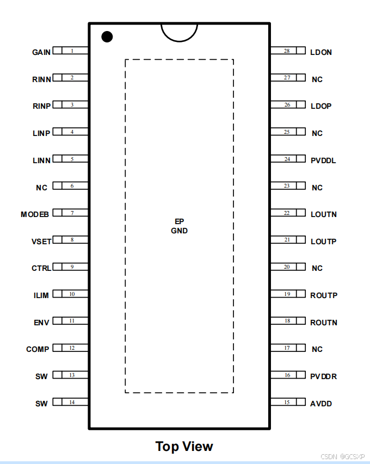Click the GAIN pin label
(41, 52)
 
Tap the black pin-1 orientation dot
(107, 37)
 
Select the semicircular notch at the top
(179, 31)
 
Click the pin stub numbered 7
(71, 213)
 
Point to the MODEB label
(35, 214)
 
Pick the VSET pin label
(41, 241)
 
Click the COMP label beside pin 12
(38, 349)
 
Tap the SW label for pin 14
(41, 404)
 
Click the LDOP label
(321, 106)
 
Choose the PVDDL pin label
(323, 160)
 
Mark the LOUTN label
(324, 214)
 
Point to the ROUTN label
(324, 323)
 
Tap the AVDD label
(321, 404)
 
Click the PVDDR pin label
(324, 376)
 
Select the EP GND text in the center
(179, 226)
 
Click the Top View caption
(184, 447)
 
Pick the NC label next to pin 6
(42, 188)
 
